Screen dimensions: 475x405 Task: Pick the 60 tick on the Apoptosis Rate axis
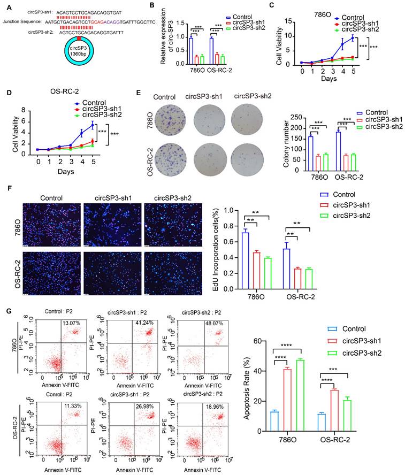coord(260,341)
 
